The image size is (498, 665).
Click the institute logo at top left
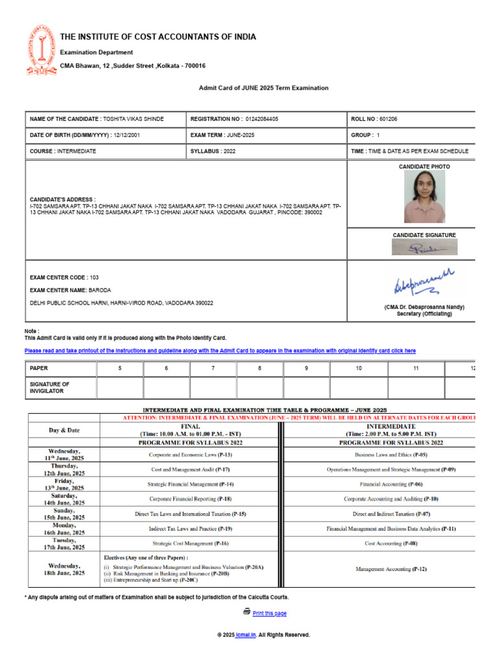[x=41, y=50]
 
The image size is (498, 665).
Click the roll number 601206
[x=388, y=119]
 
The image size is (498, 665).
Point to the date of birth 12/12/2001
[x=126, y=135]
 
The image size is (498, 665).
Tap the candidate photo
[x=425, y=196]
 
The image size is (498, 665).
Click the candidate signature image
[x=425, y=247]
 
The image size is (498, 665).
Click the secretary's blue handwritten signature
[x=425, y=282]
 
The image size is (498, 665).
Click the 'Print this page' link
[x=269, y=613]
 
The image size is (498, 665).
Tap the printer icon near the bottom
[x=246, y=612]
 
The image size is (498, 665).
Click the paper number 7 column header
[x=213, y=368]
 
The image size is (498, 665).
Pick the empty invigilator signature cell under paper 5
[x=120, y=388]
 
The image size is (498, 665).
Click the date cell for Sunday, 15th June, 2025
[x=65, y=514]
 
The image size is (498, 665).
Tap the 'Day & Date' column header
[x=65, y=430]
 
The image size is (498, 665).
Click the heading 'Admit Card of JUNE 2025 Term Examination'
[x=263, y=88]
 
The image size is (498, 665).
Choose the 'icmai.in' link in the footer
[x=246, y=634]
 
